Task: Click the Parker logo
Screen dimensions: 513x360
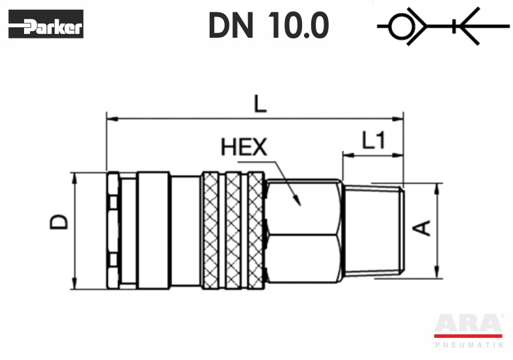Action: pos(46,24)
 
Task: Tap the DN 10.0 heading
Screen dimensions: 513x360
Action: pos(269,25)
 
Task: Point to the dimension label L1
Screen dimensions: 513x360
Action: pos(374,140)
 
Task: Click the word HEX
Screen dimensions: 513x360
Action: pos(244,147)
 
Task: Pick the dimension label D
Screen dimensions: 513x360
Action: pos(59,222)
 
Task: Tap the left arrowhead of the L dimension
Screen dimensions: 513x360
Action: pos(112,118)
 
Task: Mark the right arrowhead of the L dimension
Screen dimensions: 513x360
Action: pos(398,118)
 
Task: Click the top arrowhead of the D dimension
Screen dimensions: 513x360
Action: pos(75,179)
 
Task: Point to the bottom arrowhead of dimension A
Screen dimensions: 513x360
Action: pos(436,273)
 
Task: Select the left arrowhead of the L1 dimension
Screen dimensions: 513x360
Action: pos(348,155)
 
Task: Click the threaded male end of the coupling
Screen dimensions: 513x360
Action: pos(375,230)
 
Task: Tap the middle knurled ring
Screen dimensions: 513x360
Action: pos(234,230)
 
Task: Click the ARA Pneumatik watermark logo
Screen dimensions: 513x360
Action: pos(469,331)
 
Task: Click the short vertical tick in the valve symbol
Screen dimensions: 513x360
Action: pos(454,26)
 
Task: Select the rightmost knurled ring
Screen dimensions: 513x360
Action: pos(256,230)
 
